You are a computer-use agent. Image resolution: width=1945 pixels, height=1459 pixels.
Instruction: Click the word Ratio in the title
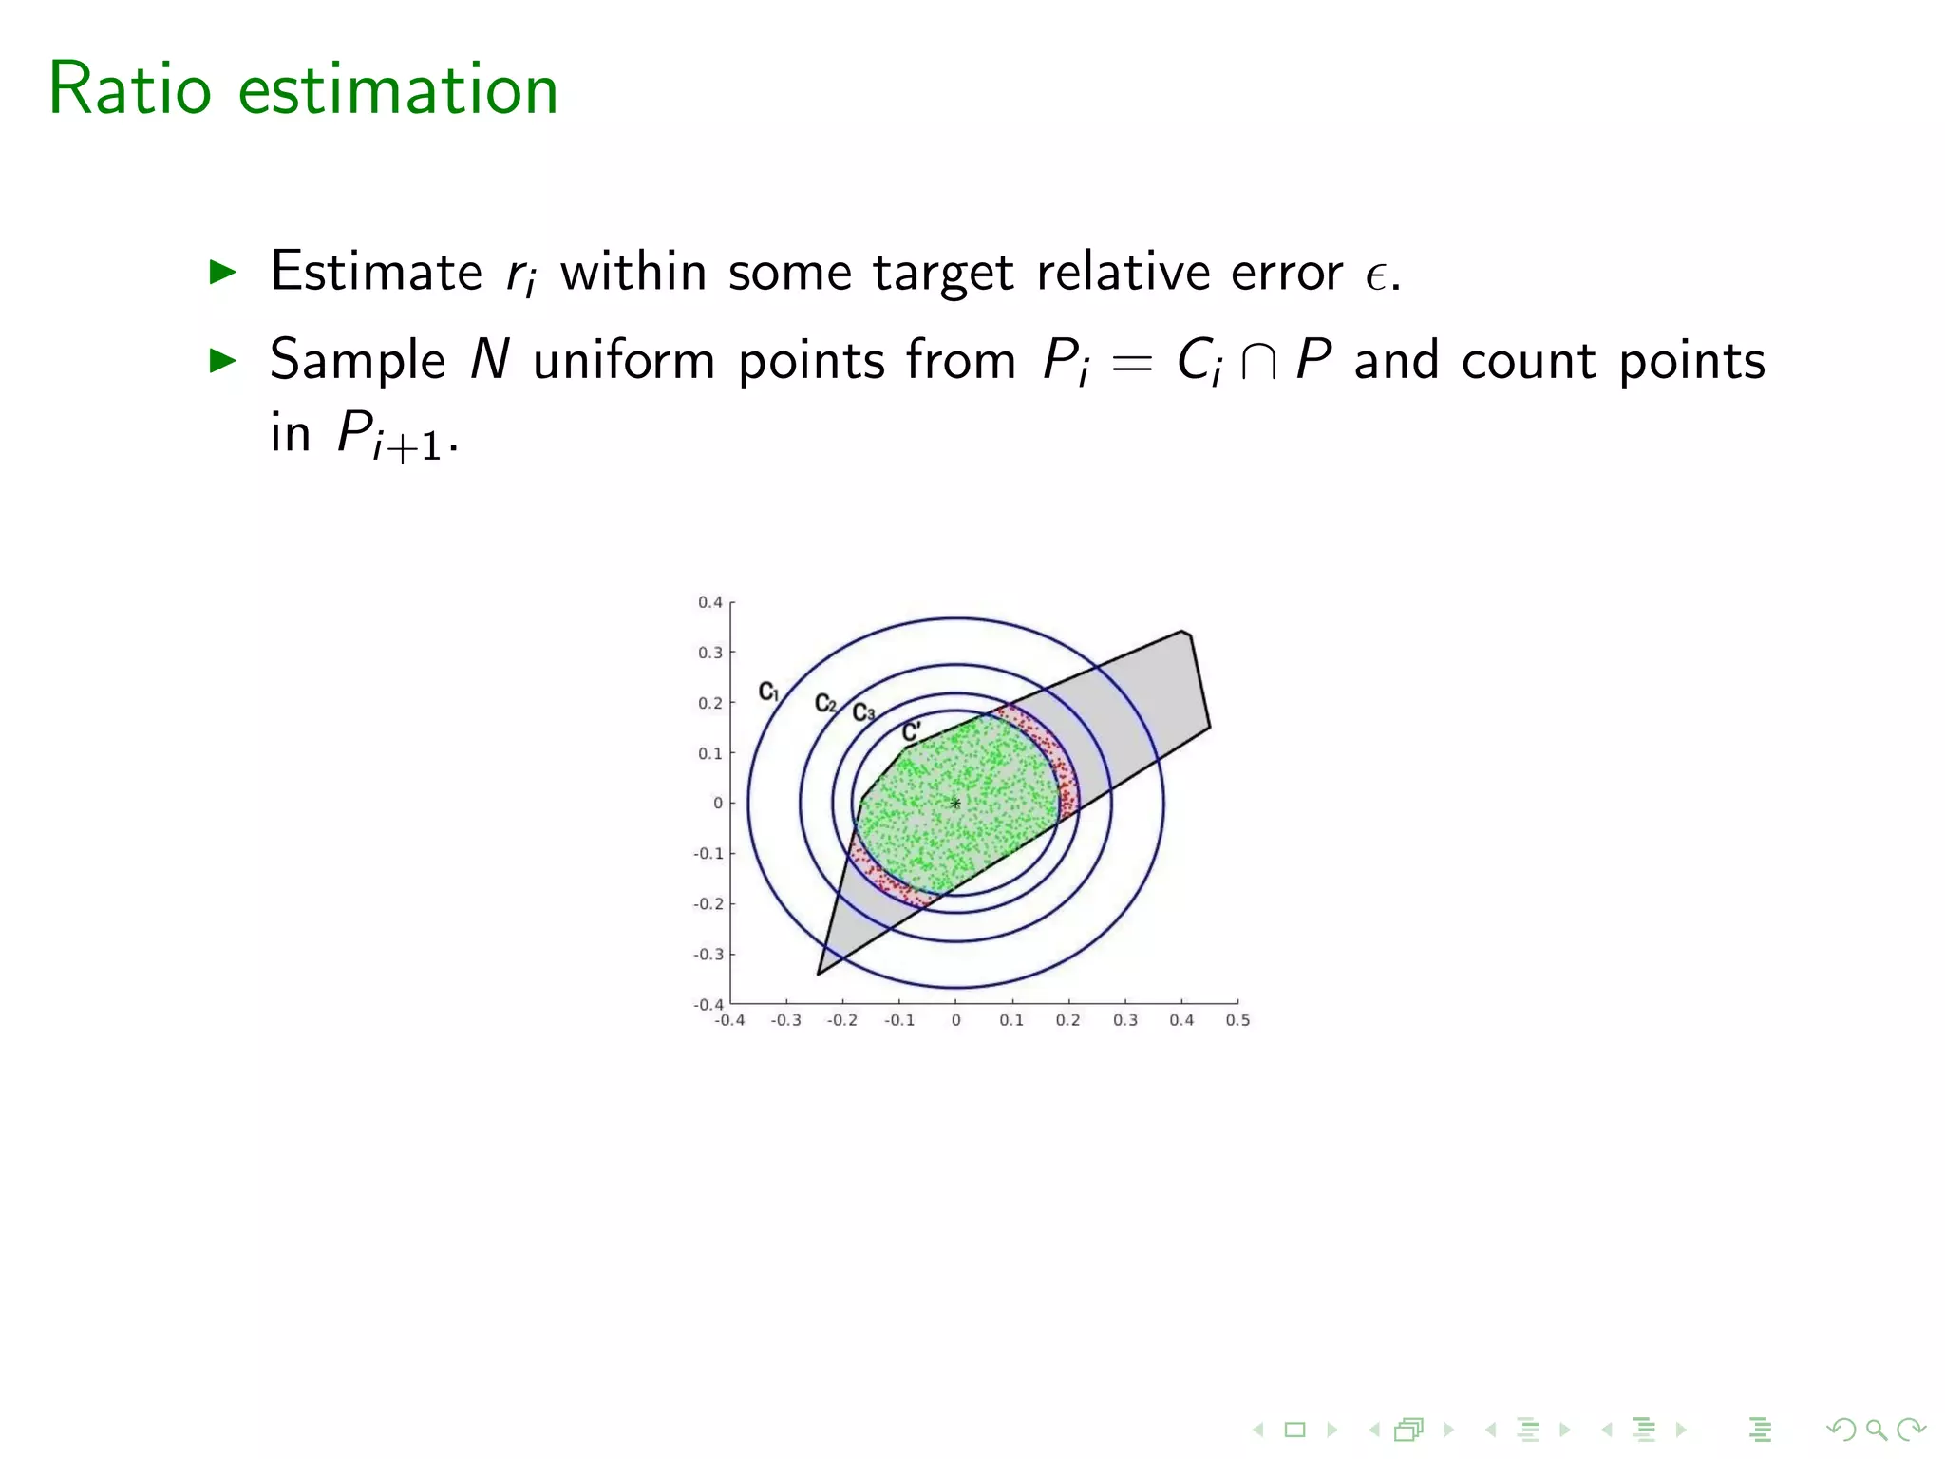(x=129, y=89)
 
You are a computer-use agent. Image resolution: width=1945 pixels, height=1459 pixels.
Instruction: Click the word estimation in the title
(x=398, y=89)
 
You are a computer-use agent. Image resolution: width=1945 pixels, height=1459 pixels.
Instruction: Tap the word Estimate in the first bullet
(x=376, y=272)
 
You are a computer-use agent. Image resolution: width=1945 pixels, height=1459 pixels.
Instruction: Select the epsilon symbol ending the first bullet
(x=1376, y=275)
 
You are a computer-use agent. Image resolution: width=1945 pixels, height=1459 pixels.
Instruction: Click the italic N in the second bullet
(x=490, y=361)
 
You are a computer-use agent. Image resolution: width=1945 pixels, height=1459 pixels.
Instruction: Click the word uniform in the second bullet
(x=624, y=361)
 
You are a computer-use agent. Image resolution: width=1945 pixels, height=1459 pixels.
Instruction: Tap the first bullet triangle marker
(x=222, y=273)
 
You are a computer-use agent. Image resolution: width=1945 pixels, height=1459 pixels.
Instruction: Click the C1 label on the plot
(x=768, y=692)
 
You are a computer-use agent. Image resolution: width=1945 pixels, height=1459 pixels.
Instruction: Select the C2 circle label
(x=825, y=704)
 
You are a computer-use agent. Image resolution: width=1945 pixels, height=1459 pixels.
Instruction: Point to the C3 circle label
(x=862, y=712)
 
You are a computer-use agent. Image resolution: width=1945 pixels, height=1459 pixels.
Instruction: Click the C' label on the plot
(x=911, y=731)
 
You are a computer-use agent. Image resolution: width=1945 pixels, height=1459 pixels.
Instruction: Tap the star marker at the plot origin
(x=955, y=804)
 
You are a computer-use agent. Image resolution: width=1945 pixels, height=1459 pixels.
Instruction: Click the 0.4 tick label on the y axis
(x=710, y=602)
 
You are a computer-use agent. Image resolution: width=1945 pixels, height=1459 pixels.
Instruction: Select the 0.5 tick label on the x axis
(x=1237, y=1020)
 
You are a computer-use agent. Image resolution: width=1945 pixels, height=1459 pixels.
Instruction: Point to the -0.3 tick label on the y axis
(x=708, y=954)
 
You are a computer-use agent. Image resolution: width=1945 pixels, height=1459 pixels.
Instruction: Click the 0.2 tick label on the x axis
(x=1068, y=1020)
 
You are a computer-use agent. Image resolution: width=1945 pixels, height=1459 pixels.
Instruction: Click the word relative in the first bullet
(x=1123, y=272)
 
